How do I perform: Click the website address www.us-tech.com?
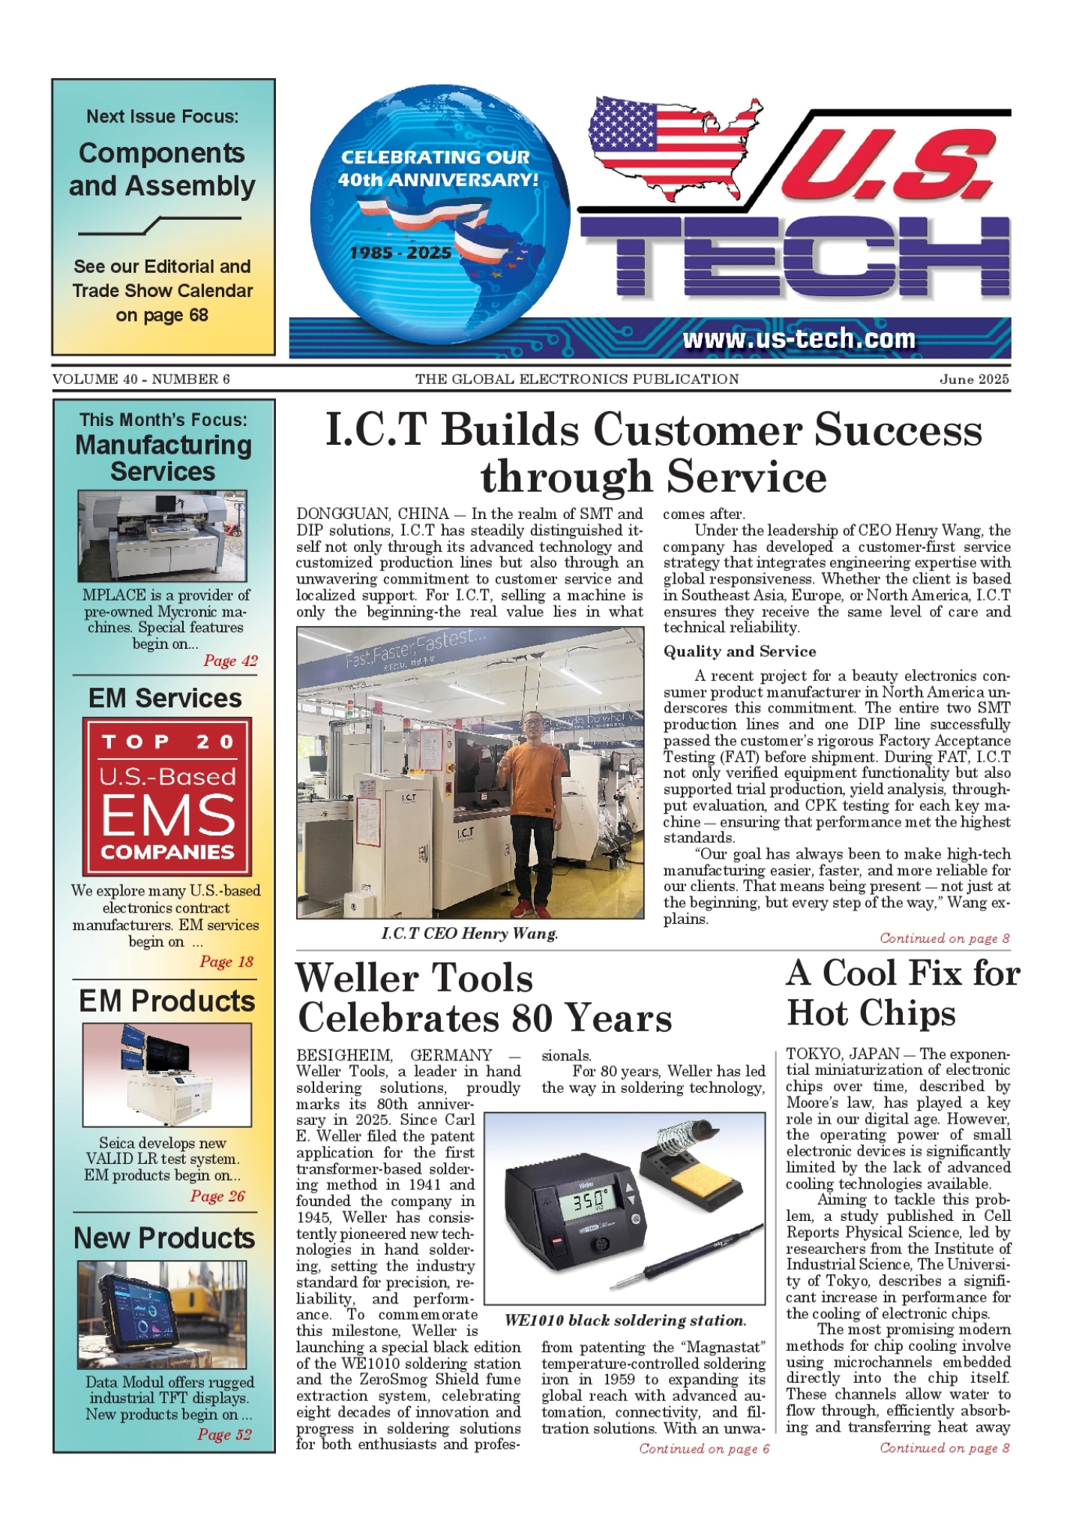(x=799, y=339)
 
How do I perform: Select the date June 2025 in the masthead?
(x=974, y=379)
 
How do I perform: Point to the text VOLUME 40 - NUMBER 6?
(x=141, y=379)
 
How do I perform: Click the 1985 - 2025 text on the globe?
(x=400, y=253)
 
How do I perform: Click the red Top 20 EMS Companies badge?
(x=167, y=796)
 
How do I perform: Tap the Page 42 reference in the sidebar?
(x=230, y=661)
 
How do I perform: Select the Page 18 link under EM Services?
(x=226, y=961)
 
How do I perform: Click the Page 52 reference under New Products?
(x=224, y=1435)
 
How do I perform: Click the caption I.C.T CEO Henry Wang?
(x=469, y=934)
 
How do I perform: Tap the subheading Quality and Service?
(x=739, y=651)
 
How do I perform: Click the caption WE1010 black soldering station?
(x=625, y=1321)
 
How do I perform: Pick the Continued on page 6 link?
(x=704, y=1448)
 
